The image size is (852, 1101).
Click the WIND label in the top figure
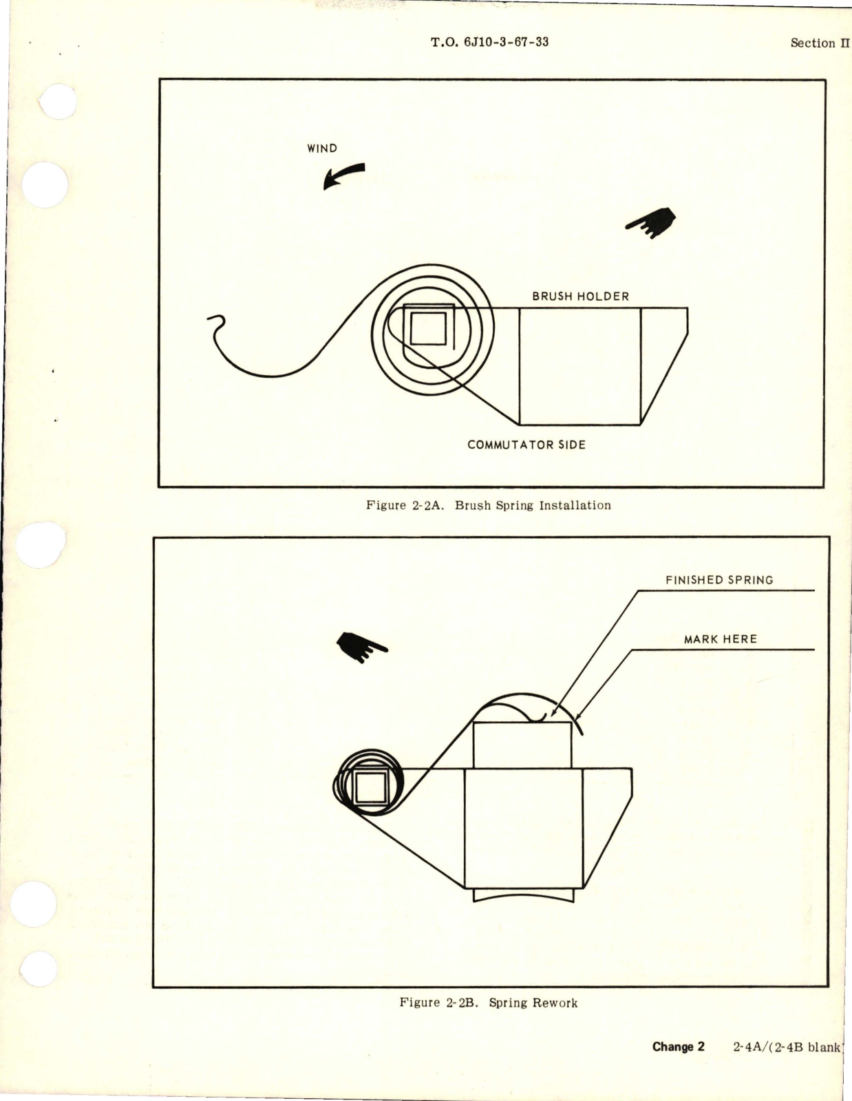pos(322,148)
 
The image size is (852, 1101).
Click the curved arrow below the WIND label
pos(343,175)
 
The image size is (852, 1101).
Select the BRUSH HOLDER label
pos(580,297)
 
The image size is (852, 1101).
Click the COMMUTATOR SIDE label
pos(526,445)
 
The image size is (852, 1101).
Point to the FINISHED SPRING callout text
pos(719,580)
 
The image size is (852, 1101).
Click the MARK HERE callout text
pos(720,639)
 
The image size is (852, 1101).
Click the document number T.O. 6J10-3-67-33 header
pos(489,42)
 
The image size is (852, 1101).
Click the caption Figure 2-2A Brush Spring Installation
pos(488,505)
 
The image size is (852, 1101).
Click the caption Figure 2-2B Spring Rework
pos(488,1003)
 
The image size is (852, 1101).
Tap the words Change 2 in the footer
pos(678,1047)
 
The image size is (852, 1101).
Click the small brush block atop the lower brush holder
pos(522,745)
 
